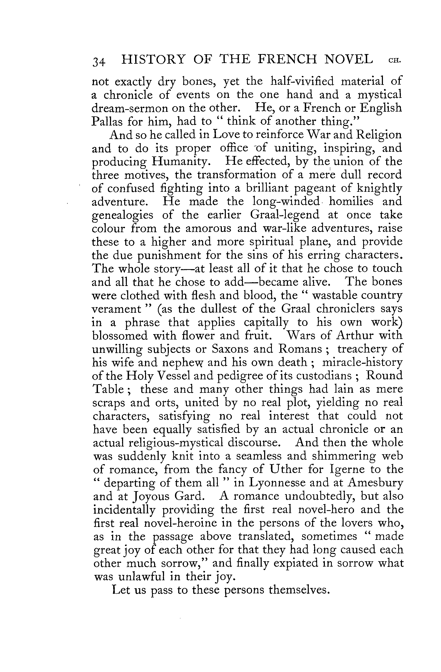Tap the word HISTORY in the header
(153, 59)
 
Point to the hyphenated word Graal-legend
(284, 215)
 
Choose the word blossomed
(120, 336)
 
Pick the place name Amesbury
(375, 483)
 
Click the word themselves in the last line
(299, 590)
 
